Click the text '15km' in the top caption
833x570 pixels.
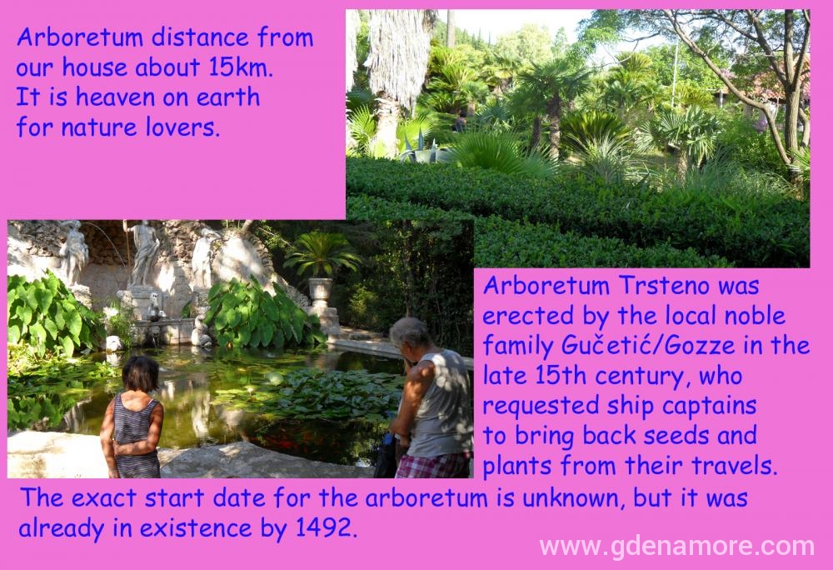[x=239, y=68]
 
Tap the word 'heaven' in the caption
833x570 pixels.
[x=115, y=97]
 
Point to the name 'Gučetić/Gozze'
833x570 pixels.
[x=648, y=347]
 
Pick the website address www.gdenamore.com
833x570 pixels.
[x=676, y=547]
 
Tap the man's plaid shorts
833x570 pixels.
[x=433, y=464]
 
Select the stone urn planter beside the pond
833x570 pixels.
[x=321, y=292]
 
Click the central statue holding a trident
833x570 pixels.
[x=143, y=254]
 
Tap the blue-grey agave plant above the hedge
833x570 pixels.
[x=421, y=148]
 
